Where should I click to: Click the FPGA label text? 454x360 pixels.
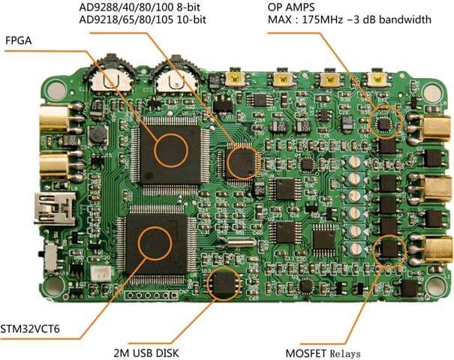[x=19, y=40]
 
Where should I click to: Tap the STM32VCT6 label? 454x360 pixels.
[x=30, y=329]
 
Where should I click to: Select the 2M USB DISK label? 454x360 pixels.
[x=146, y=353]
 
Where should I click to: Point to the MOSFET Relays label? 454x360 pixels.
[x=323, y=354]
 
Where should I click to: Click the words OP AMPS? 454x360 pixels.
[x=291, y=7]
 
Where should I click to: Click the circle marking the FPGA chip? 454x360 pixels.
[x=171, y=151]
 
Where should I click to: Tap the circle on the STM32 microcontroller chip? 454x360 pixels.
[x=155, y=244]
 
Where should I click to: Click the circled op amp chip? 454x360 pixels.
[x=386, y=121]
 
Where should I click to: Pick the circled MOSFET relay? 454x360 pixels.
[x=389, y=250]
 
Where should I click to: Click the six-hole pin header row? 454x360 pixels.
[x=151, y=295]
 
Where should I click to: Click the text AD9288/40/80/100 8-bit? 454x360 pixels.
[x=140, y=7]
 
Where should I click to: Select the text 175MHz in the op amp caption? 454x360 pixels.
[x=323, y=19]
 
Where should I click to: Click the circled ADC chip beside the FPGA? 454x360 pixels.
[x=243, y=163]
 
